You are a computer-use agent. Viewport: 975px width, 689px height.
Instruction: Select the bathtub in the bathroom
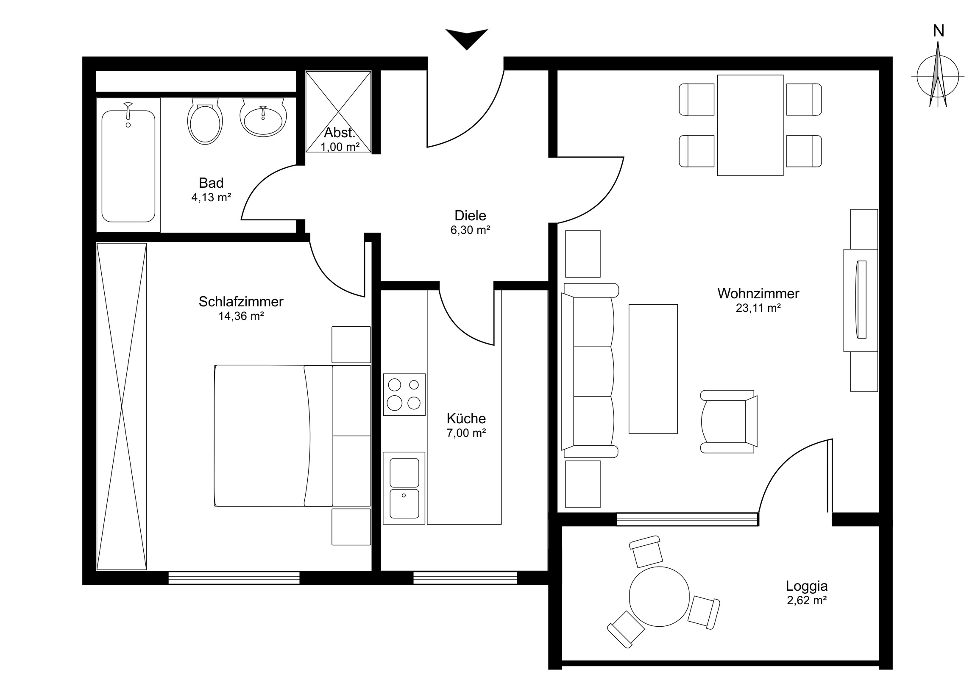tap(128, 166)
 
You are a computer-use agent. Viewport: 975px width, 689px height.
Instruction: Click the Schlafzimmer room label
tap(241, 302)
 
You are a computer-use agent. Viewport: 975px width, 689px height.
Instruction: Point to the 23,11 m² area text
tap(758, 308)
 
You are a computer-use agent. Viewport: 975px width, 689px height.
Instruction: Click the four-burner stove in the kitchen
tap(404, 395)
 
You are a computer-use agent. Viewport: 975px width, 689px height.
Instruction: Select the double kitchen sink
tap(404, 488)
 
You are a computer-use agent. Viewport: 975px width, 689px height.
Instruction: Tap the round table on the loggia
tap(659, 596)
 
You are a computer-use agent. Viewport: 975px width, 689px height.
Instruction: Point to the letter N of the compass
tap(939, 31)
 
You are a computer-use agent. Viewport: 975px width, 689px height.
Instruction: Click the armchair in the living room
tap(729, 422)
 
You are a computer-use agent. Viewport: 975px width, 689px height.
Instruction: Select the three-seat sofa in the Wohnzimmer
tap(590, 371)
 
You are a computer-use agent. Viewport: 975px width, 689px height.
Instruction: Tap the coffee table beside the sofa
tap(653, 369)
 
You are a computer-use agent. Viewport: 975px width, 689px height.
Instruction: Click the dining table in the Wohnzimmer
tap(750, 125)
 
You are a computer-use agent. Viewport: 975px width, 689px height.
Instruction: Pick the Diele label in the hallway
tap(470, 216)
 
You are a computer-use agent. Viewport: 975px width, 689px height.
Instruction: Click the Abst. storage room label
tap(339, 133)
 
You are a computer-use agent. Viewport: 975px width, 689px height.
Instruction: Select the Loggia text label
tap(806, 586)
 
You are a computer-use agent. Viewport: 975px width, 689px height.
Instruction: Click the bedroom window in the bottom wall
tap(234, 578)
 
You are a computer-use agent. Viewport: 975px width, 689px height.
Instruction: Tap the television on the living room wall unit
tap(861, 299)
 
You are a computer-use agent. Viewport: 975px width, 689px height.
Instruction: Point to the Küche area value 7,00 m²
tap(466, 433)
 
